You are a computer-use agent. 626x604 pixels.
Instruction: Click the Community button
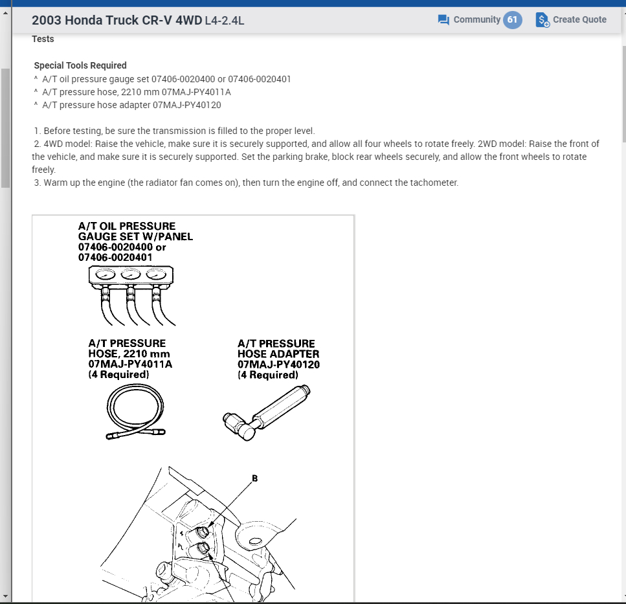point(469,19)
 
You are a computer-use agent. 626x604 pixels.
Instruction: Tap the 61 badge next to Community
point(512,19)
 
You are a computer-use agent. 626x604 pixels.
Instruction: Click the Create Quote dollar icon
point(542,20)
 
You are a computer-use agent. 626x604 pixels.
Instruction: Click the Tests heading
point(43,39)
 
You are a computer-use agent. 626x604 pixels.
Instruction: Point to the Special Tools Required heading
point(80,65)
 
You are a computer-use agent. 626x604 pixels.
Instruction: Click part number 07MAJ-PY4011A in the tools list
point(201,92)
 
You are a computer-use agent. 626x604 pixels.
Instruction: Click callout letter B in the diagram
point(254,479)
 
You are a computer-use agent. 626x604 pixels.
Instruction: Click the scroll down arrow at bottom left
point(6,596)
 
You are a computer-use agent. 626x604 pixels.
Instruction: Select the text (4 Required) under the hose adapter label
point(268,375)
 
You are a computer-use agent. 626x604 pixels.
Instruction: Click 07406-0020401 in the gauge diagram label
point(115,257)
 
